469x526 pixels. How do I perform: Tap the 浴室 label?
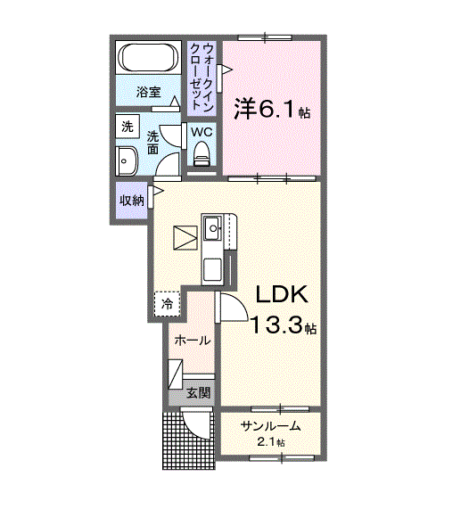(x=148, y=92)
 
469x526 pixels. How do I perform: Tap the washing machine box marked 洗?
(x=128, y=127)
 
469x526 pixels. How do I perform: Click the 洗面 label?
(x=153, y=142)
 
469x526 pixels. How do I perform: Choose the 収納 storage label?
(x=132, y=200)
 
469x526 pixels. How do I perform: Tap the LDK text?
(x=283, y=296)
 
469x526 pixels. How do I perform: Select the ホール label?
(x=192, y=341)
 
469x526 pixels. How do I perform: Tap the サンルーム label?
(x=268, y=425)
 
